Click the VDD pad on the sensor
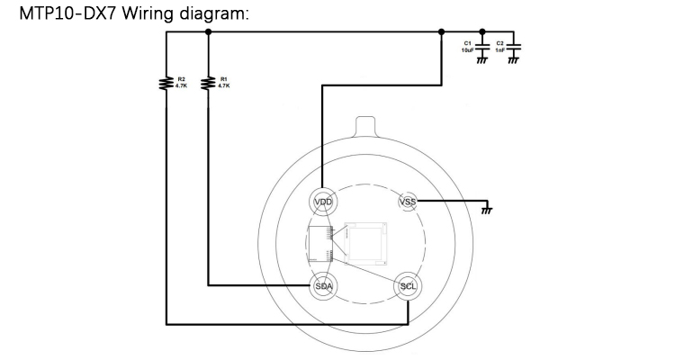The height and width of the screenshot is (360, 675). tap(323, 202)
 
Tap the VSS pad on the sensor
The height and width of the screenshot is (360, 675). tap(408, 202)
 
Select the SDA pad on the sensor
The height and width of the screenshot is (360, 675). tap(324, 286)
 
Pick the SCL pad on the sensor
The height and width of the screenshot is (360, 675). tap(408, 286)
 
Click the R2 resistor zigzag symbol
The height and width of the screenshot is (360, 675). tap(166, 83)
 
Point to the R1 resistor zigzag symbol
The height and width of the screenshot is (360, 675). tap(208, 83)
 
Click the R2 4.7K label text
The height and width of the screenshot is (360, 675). tap(181, 83)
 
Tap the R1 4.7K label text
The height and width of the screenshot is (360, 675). tap(224, 83)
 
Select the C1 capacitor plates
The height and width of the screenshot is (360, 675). tap(482, 47)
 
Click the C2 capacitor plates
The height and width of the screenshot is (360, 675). tap(513, 47)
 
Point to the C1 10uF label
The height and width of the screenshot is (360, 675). tap(467, 47)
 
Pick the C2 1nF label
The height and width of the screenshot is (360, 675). tap(499, 47)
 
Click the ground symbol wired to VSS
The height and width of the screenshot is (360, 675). tap(487, 211)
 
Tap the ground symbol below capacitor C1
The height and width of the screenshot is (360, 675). tap(482, 60)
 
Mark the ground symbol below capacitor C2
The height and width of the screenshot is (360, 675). tap(513, 60)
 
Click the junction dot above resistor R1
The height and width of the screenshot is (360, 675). tap(209, 31)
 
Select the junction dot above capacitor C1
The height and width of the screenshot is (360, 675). tap(482, 31)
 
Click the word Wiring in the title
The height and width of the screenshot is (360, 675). tap(148, 13)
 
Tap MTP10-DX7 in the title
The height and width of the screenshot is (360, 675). tap(68, 13)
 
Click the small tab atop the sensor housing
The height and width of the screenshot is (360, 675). tap(365, 127)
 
